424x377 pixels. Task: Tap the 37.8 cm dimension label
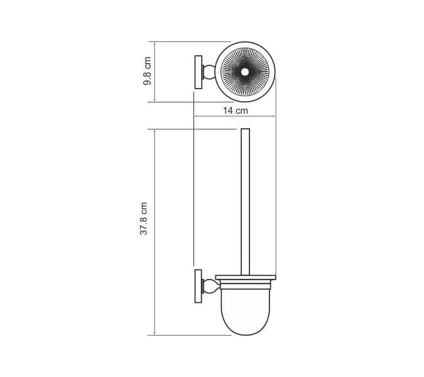(144, 219)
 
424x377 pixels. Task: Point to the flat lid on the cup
(244, 276)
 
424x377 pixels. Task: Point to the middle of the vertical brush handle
(244, 201)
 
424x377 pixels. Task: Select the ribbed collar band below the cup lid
(244, 283)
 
